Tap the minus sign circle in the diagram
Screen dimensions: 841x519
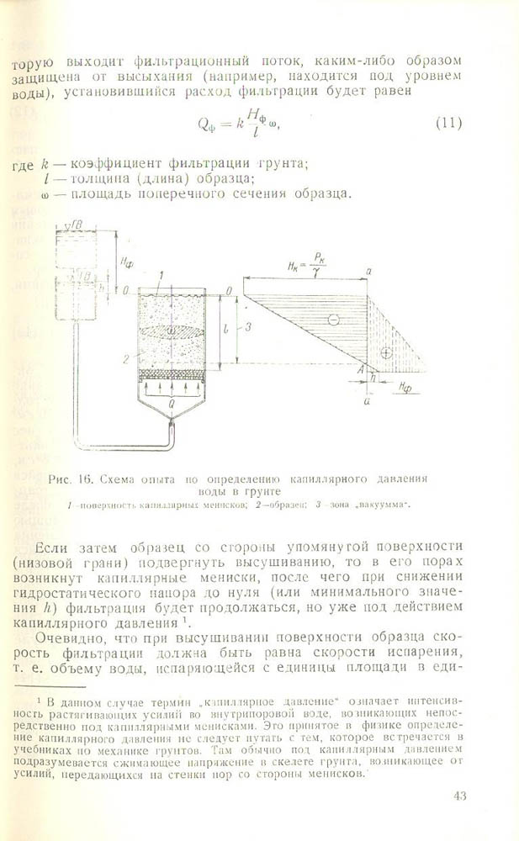[x=333, y=320]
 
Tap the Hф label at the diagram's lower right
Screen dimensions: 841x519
[x=405, y=389]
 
